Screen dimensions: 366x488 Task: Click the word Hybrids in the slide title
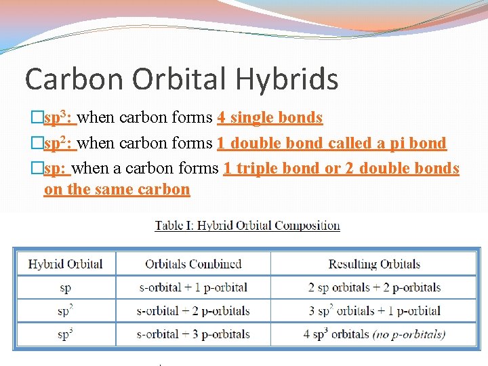click(x=287, y=79)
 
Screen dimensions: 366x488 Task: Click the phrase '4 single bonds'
click(x=270, y=118)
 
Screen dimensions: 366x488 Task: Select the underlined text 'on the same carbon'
click(x=117, y=190)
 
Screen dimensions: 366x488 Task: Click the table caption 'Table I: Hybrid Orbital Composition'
click(x=247, y=226)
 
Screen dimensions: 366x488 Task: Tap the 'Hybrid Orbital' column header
click(x=66, y=264)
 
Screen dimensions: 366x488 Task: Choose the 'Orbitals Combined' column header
click(x=193, y=264)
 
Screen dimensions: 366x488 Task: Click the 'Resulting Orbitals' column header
click(x=374, y=264)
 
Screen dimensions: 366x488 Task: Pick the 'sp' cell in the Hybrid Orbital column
click(x=66, y=287)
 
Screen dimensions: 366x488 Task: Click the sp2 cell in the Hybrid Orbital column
click(x=66, y=311)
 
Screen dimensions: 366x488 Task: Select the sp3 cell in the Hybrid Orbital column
click(x=66, y=334)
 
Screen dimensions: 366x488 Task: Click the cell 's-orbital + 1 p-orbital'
click(x=193, y=287)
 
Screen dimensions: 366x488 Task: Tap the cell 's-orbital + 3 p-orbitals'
click(x=193, y=334)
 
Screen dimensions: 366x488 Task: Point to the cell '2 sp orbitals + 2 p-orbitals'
click(x=374, y=287)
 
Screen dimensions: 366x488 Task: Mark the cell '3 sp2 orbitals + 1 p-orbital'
click(x=374, y=311)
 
